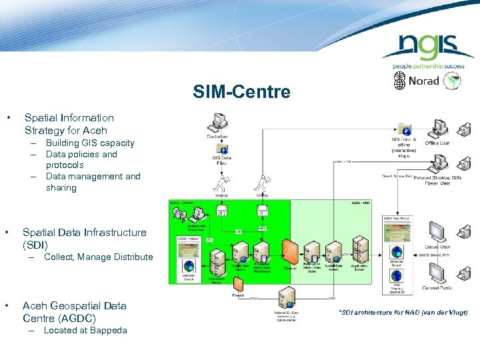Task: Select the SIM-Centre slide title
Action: click(x=241, y=92)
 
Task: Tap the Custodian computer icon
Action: click(x=218, y=123)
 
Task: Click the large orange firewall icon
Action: click(x=289, y=251)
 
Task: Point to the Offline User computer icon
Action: click(x=439, y=129)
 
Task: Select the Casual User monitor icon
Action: click(x=437, y=233)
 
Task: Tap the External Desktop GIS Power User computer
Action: click(x=439, y=163)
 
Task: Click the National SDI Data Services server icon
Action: click(x=287, y=297)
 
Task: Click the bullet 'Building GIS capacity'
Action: click(x=90, y=143)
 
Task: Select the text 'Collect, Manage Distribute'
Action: click(x=98, y=257)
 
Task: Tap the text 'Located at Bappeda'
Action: click(x=85, y=330)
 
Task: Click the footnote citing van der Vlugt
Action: click(x=403, y=312)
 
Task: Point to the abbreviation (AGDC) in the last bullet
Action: click(x=73, y=318)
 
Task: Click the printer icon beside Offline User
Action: click(x=465, y=129)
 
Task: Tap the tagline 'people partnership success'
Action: click(x=427, y=67)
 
